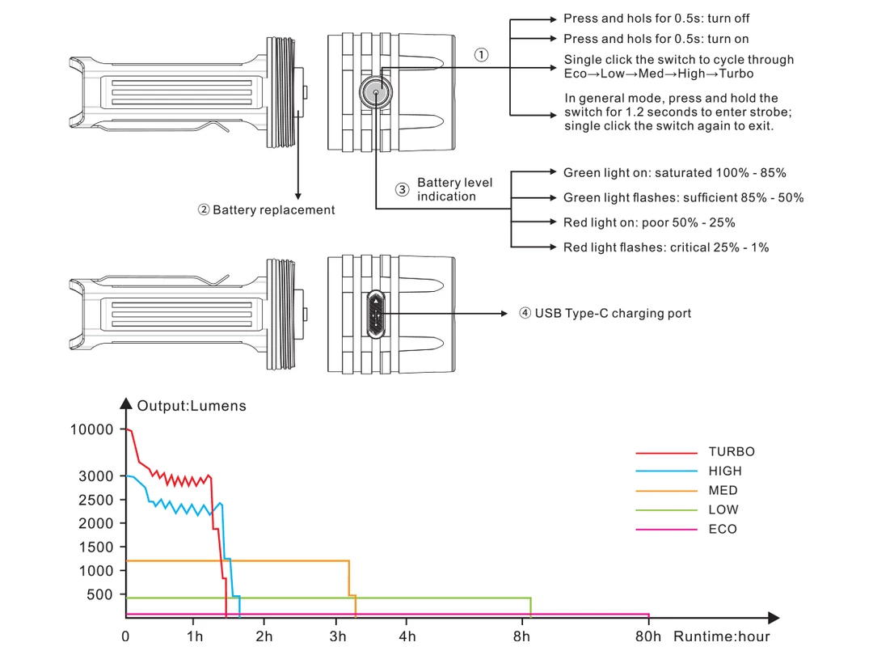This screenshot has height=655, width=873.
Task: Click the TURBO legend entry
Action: [x=731, y=452]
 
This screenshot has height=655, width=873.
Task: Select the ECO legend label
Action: [x=723, y=530]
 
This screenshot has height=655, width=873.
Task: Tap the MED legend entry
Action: [x=723, y=491]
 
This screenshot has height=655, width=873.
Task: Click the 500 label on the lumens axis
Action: [x=102, y=594]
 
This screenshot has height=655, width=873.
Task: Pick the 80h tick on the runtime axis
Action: [x=648, y=636]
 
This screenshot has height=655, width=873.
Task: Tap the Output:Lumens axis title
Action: [x=192, y=406]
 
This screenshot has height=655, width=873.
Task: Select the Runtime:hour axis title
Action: [x=722, y=637]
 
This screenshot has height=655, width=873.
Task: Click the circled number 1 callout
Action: [x=482, y=55]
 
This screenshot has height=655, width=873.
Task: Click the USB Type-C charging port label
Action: [x=613, y=313]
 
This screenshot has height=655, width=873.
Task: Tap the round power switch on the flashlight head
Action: [x=376, y=93]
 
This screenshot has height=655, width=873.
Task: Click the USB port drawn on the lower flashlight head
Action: [x=376, y=314]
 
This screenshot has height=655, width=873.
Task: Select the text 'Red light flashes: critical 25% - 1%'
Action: [x=666, y=247]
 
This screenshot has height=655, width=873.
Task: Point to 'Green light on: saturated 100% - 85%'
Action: [x=675, y=173]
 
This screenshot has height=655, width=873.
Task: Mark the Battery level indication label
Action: [x=454, y=189]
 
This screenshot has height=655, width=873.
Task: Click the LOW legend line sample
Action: [x=666, y=510]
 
